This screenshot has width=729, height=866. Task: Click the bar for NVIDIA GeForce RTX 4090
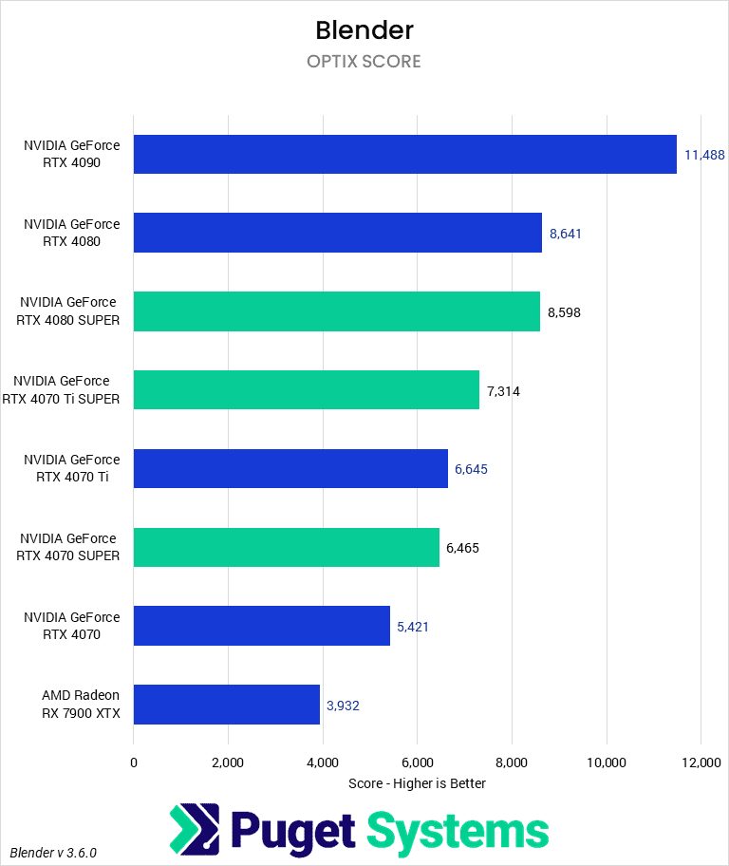404,154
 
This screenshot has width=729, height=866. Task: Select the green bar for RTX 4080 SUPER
336,311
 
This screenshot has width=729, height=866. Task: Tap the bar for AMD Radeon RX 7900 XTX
226,705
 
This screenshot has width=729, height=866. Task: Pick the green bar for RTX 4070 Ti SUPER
306,390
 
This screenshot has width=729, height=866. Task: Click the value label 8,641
565,233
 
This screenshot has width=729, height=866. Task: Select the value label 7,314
503,390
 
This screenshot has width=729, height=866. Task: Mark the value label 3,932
343,705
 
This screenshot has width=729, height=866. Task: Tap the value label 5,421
413,627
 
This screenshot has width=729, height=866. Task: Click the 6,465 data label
463,548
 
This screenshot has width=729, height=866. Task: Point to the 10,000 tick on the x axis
606,762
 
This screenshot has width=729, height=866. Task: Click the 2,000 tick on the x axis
228,762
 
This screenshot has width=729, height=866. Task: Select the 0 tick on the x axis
134,762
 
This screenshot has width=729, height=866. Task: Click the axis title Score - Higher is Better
417,783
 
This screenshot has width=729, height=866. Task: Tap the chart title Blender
364,29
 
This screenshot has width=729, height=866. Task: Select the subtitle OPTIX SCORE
364,62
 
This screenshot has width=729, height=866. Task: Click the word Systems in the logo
458,830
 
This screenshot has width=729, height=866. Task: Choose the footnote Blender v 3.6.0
54,853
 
